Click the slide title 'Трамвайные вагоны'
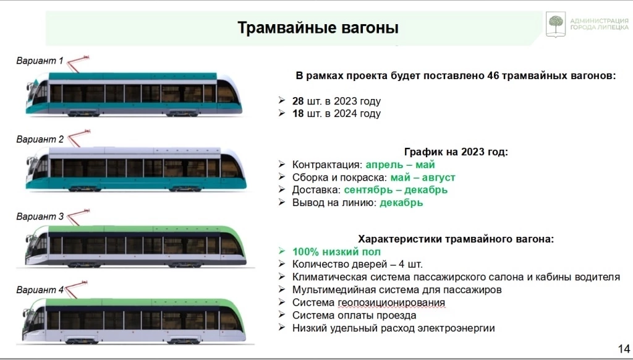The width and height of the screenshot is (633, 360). tap(318, 28)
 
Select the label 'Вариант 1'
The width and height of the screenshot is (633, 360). tap(40, 61)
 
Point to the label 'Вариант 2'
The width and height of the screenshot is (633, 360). tap(40, 139)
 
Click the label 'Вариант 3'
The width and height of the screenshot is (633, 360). tap(40, 216)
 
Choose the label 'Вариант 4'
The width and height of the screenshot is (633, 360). tap(40, 289)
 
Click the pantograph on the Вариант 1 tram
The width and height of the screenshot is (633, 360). tap(77, 63)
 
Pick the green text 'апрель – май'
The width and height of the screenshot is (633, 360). tap(400, 165)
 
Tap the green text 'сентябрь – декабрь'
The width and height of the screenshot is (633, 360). tap(396, 190)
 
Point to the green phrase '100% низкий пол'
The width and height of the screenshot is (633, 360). tap(336, 252)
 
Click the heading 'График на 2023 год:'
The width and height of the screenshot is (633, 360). tap(456, 152)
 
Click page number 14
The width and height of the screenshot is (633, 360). tap(623, 348)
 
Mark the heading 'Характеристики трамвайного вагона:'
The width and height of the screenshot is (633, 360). tap(456, 239)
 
